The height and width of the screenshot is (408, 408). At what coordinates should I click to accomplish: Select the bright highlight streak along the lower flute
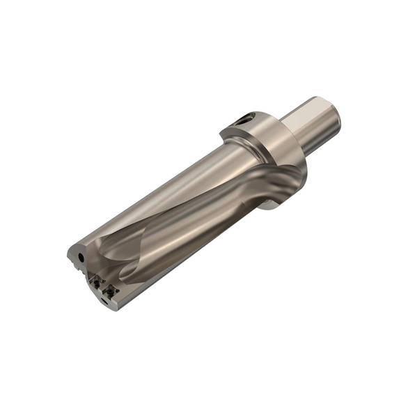(x=181, y=244)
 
